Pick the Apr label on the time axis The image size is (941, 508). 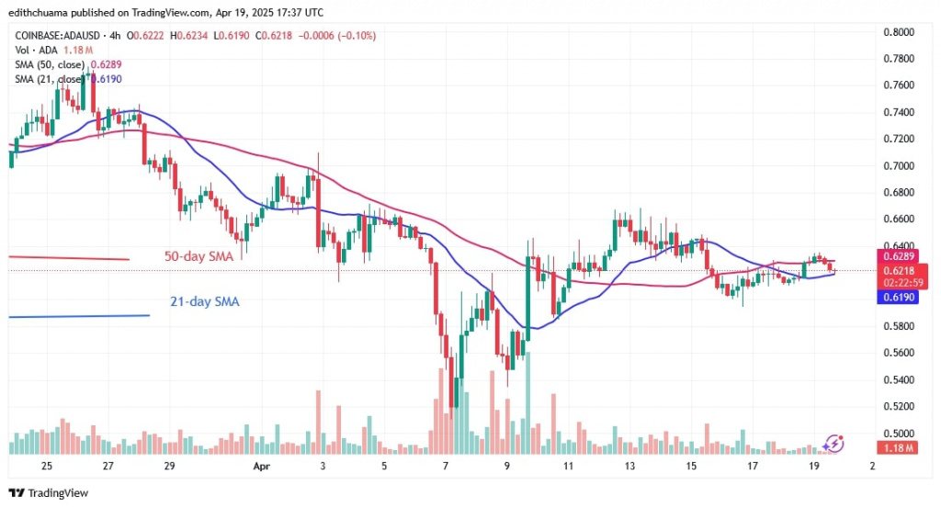(259, 466)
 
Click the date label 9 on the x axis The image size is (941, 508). (506, 466)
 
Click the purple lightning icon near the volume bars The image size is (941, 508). (833, 443)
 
